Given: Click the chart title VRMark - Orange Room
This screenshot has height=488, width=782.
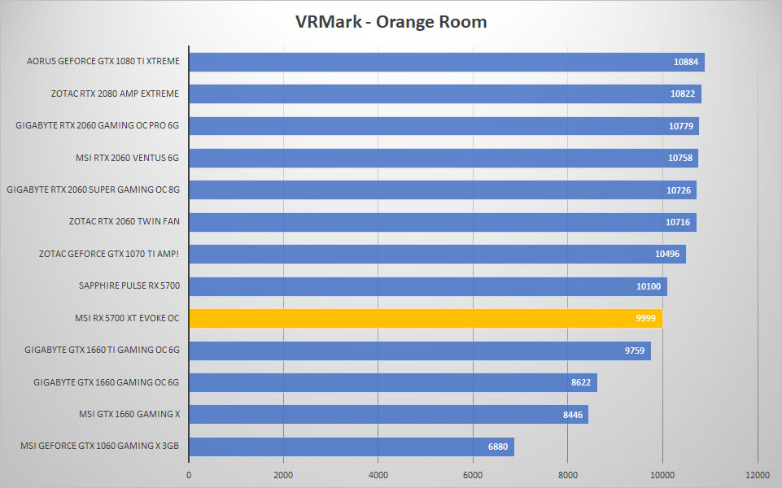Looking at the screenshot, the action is point(391,22).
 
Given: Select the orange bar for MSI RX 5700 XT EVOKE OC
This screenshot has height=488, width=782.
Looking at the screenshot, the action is point(426,319).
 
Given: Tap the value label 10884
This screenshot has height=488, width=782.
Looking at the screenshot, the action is point(686,63).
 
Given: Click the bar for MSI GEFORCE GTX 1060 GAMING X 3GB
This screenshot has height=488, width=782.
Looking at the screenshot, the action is point(352,447).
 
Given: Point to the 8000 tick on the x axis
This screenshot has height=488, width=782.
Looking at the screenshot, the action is point(567,475).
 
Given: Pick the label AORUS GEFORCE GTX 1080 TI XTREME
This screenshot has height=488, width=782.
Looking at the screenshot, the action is point(103,61).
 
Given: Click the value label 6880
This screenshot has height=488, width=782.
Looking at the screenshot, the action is point(498,447).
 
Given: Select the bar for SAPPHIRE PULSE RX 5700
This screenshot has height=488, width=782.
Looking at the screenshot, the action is point(428,286).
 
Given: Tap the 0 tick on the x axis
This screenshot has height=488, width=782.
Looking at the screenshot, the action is point(189,475).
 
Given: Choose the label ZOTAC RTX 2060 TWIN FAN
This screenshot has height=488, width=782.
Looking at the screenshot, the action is point(125,221).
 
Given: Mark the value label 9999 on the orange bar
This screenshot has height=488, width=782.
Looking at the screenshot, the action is point(646,319).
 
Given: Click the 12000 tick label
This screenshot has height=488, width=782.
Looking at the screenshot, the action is point(757,475).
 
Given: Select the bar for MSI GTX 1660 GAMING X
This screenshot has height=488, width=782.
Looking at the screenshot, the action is point(389,415).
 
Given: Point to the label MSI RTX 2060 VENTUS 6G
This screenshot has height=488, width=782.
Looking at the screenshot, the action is point(127,158).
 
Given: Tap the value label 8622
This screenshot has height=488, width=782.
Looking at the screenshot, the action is point(581,383).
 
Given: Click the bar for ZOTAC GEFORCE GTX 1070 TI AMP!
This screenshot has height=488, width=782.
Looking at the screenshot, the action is point(438,255).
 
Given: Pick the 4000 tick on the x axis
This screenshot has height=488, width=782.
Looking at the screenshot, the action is point(378,475).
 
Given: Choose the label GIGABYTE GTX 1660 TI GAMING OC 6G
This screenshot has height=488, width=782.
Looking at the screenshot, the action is point(103,350).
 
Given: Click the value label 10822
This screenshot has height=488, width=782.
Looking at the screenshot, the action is point(683,94).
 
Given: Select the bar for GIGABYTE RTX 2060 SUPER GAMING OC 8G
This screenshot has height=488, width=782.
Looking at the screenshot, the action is point(443,190).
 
